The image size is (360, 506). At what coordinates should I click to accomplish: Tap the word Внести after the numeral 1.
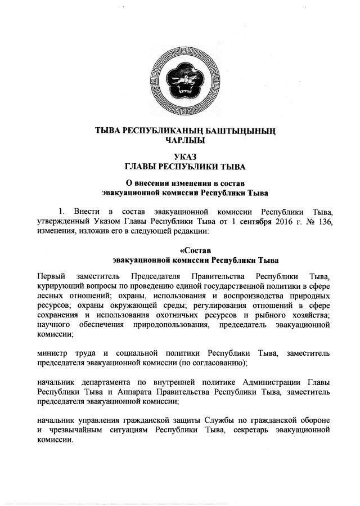click(80, 212)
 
